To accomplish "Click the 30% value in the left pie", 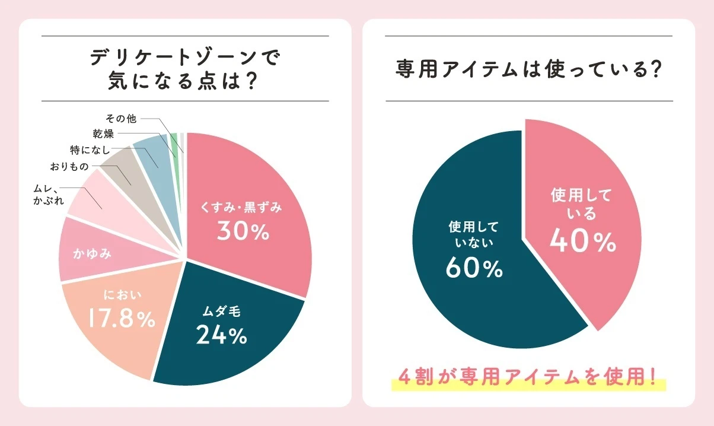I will tap(243, 231).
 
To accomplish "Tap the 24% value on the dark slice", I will tap(221, 336).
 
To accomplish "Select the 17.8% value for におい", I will tap(121, 319).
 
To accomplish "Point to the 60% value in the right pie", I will tap(474, 269).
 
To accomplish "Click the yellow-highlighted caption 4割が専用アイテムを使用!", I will tap(528, 377).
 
